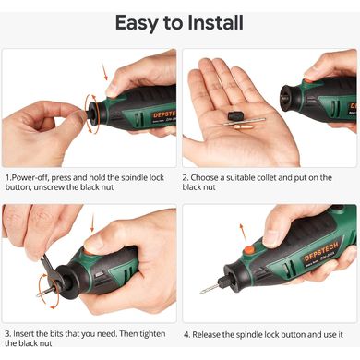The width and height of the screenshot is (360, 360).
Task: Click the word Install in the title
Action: click(x=215, y=22)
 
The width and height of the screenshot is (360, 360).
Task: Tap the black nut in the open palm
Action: click(x=235, y=116)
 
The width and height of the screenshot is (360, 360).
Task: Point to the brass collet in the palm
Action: click(x=244, y=126)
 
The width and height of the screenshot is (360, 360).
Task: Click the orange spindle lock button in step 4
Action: click(x=248, y=250)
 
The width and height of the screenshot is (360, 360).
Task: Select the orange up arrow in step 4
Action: click(x=244, y=234)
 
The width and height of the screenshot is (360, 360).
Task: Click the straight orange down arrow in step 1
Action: click(x=105, y=71)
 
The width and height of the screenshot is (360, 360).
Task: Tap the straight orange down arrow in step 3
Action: click(x=92, y=223)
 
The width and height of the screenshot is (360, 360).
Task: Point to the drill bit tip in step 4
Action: click(x=200, y=292)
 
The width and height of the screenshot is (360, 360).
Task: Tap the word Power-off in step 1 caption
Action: click(x=30, y=178)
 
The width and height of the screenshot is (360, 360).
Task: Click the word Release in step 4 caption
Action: click(x=206, y=335)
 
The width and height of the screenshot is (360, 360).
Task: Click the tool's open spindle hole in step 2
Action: click(x=282, y=100)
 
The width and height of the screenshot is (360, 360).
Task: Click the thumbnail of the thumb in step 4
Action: click(x=270, y=239)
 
